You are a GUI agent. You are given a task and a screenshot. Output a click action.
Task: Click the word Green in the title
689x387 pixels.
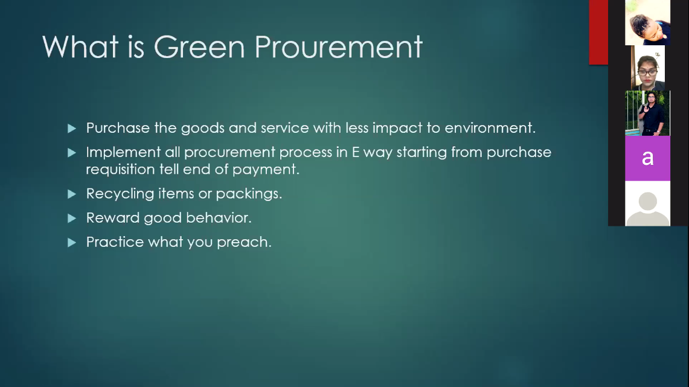pyautogui.click(x=199, y=46)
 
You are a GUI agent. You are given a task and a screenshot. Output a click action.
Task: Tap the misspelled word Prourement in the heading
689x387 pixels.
pyautogui.click(x=338, y=46)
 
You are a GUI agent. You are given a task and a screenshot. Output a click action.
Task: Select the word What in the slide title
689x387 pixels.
pyautogui.click(x=80, y=46)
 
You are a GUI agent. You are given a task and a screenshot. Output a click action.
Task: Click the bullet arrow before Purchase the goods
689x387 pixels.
pyautogui.click(x=72, y=128)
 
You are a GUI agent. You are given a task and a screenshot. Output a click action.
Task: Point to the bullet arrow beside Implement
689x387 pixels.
pyautogui.click(x=72, y=152)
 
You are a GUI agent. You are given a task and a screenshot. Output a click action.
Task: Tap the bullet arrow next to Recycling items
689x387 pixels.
pyautogui.click(x=72, y=194)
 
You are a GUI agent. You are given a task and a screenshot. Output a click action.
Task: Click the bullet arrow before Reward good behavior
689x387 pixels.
pyautogui.click(x=72, y=218)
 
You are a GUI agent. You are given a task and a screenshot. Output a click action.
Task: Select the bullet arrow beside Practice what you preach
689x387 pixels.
pyautogui.click(x=72, y=242)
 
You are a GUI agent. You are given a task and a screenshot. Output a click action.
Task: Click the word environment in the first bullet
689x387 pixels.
pyautogui.click(x=490, y=128)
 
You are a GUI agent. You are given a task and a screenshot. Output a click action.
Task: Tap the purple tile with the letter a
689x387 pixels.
pyautogui.click(x=648, y=158)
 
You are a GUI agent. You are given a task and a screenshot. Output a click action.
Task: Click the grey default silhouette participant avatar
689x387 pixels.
pyautogui.click(x=648, y=203)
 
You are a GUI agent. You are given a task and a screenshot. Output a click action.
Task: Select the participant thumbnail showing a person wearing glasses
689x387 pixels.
pyautogui.click(x=648, y=68)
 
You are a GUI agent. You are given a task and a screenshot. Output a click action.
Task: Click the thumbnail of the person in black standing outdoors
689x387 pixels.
pyautogui.click(x=648, y=113)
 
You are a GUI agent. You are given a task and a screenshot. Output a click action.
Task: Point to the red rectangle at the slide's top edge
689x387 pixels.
pyautogui.click(x=598, y=32)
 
